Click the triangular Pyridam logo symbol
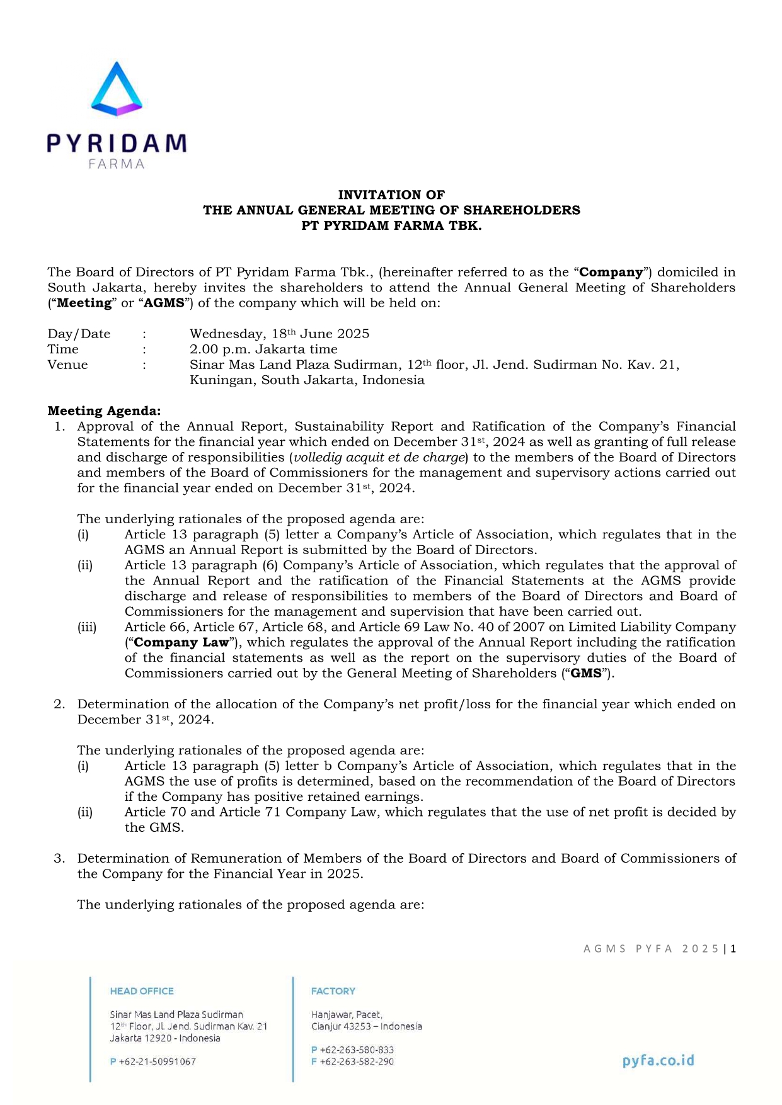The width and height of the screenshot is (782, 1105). (117, 90)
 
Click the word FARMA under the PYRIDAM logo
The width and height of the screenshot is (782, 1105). (117, 164)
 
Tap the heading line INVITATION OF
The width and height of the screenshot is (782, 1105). (391, 195)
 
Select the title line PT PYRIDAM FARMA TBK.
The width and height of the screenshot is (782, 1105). (391, 225)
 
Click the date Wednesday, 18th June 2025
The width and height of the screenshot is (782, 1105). (279, 334)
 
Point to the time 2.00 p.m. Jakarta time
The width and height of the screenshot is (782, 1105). (263, 349)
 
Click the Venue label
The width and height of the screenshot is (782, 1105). (67, 365)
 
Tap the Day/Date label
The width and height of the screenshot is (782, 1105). (79, 334)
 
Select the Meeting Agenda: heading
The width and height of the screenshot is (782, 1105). (104, 411)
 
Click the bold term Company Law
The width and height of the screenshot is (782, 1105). (181, 642)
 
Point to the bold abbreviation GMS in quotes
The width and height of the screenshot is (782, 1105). (586, 673)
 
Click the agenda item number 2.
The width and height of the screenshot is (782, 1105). (59, 704)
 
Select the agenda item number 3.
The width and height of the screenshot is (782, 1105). (59, 858)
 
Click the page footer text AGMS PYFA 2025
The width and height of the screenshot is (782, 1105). (651, 949)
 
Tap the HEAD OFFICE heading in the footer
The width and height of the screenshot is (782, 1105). (142, 991)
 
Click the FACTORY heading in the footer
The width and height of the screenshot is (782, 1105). (333, 991)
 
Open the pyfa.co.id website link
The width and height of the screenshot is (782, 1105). (658, 1060)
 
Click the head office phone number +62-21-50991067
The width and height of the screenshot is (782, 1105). (157, 1062)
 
